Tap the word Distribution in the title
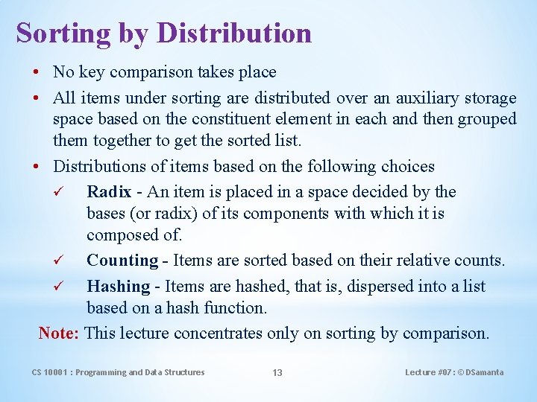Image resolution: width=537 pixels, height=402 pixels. click(234, 33)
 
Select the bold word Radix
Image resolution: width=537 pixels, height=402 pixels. click(109, 192)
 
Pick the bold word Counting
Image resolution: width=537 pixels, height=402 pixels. click(122, 261)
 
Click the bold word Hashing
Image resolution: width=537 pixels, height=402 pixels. click(119, 287)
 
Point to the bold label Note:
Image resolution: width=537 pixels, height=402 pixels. click(59, 333)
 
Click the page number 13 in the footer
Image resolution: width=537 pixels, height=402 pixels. click(277, 373)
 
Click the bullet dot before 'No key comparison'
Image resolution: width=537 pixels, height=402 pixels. click(37, 73)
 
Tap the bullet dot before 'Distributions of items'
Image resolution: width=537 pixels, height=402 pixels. click(37, 167)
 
